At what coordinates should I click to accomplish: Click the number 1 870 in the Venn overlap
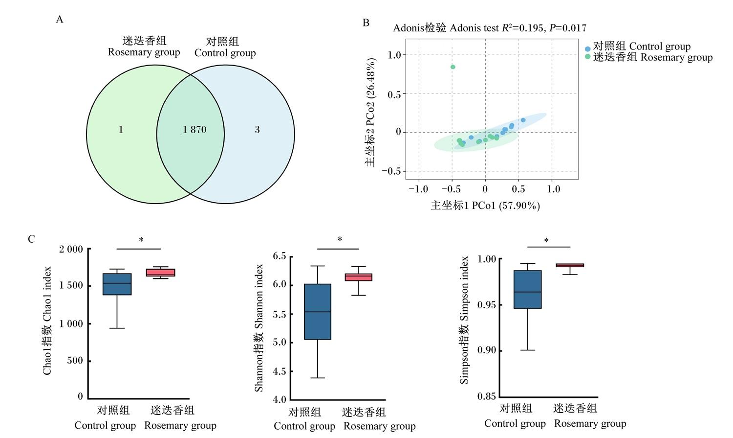click(x=194, y=130)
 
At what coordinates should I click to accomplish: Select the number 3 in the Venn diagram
click(x=257, y=130)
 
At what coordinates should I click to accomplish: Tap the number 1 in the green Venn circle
click(x=121, y=130)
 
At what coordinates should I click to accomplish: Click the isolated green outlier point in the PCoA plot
click(x=453, y=67)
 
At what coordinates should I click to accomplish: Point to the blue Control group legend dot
click(x=588, y=49)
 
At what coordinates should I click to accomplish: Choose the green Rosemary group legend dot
click(x=588, y=56)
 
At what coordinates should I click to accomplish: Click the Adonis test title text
click(x=490, y=28)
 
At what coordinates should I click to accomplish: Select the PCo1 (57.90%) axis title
click(x=485, y=206)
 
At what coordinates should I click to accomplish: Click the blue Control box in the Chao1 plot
click(x=117, y=284)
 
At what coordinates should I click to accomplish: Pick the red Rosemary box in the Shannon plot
click(x=359, y=277)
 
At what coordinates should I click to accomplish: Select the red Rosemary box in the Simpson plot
click(x=570, y=265)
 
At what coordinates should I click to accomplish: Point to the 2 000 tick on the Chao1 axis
click(x=71, y=249)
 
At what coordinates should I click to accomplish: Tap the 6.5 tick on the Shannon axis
click(x=280, y=256)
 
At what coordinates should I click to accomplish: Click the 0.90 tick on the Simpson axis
click(x=487, y=350)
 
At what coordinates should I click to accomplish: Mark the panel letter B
click(x=366, y=23)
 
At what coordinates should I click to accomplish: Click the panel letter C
click(x=31, y=239)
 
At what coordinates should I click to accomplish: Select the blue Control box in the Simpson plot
click(x=527, y=289)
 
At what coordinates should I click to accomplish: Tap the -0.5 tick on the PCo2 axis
click(x=391, y=171)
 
